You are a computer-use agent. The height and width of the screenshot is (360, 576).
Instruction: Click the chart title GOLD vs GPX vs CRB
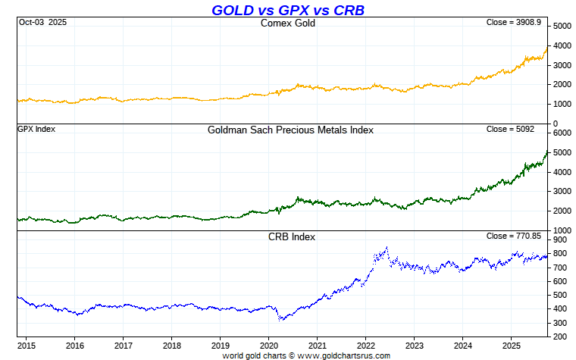[x=287, y=10]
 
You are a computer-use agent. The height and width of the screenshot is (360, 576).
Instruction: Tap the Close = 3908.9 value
[x=513, y=23]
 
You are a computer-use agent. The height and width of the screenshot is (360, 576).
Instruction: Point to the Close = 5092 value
[x=513, y=129]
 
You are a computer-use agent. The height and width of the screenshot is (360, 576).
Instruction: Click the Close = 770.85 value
[x=513, y=236]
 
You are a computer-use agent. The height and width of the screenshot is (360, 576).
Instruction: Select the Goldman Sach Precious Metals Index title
[x=290, y=130]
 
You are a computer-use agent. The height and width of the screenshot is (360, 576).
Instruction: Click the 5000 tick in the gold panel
[x=562, y=27]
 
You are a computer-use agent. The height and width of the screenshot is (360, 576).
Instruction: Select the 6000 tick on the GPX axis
[x=562, y=133]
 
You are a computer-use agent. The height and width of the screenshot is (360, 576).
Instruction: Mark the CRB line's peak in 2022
[x=387, y=247]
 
